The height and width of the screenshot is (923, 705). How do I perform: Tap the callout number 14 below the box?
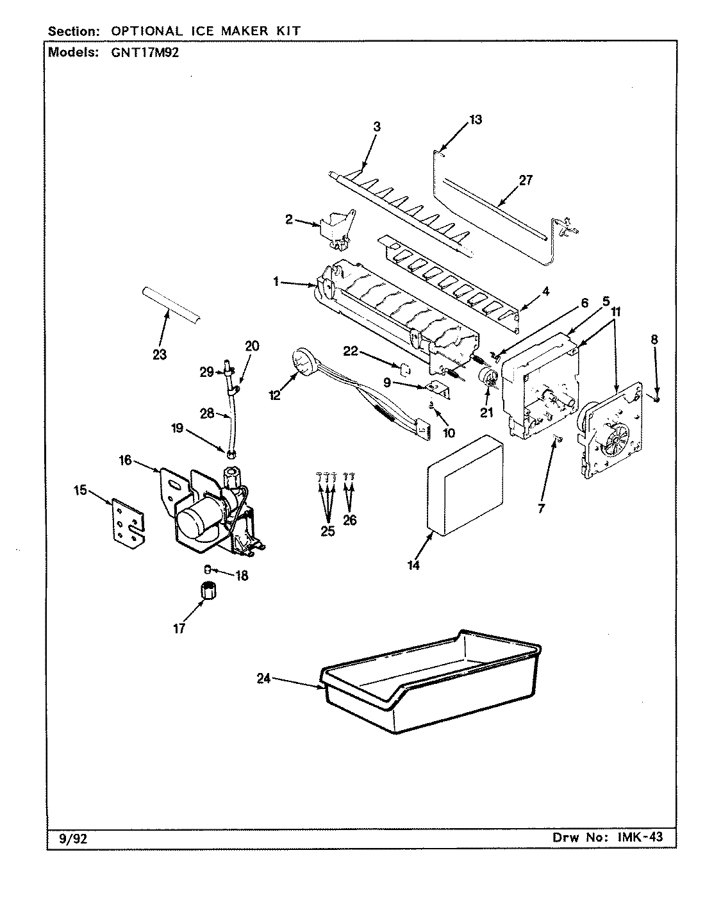click(414, 565)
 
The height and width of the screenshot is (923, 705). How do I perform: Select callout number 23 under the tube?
click(159, 354)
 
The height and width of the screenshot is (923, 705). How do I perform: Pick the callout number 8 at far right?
click(654, 340)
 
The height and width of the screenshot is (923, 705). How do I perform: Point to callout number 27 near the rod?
click(526, 180)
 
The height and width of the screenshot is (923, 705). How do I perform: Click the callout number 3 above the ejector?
click(376, 127)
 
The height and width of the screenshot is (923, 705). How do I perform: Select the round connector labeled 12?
click(301, 362)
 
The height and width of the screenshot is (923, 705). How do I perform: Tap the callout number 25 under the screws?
click(328, 531)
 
